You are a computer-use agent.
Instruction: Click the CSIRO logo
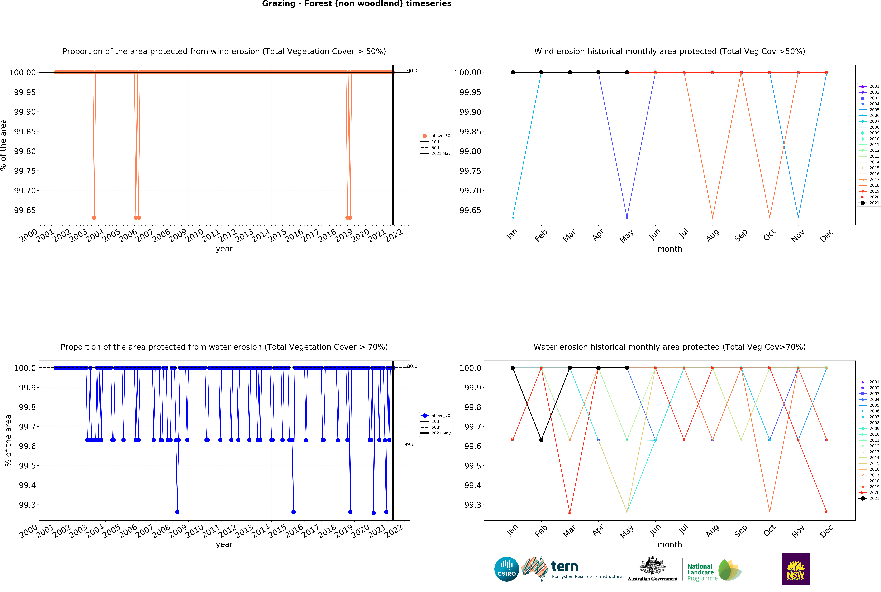[x=506, y=569]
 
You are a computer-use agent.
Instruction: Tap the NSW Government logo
[x=795, y=569]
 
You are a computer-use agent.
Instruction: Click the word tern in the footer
[x=565, y=566]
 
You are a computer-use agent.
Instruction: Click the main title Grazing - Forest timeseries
[x=356, y=4]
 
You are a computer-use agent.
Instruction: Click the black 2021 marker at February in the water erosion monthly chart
[x=541, y=440]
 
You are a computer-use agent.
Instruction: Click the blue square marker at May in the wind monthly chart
[x=627, y=217]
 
